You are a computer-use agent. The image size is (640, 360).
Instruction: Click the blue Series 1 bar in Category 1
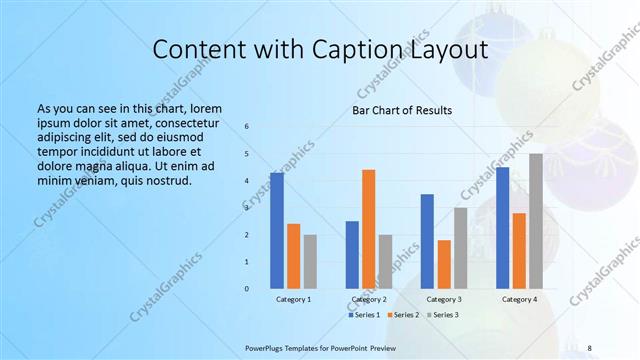point(276,230)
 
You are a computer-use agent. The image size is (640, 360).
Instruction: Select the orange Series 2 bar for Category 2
point(368,229)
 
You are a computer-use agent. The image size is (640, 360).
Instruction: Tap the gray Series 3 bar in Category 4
point(536,221)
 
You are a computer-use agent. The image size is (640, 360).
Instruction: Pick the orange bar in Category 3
point(444,264)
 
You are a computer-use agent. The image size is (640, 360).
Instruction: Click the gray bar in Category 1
point(310,262)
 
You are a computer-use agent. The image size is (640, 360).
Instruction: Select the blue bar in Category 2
point(352,255)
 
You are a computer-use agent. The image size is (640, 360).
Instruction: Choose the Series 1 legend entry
point(364,315)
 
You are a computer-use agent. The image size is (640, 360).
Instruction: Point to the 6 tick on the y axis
point(247,127)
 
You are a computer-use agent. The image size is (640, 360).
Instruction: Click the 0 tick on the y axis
point(247,289)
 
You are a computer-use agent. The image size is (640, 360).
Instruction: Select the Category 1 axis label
point(293,299)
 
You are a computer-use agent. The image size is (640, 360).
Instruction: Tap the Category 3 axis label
point(443,299)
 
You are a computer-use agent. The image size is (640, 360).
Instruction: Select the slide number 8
point(589,348)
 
